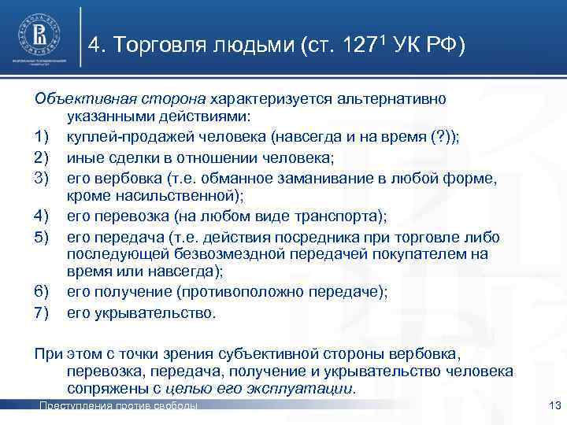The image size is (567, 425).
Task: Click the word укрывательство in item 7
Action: coord(155,312)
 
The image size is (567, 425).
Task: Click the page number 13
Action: coord(550,405)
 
